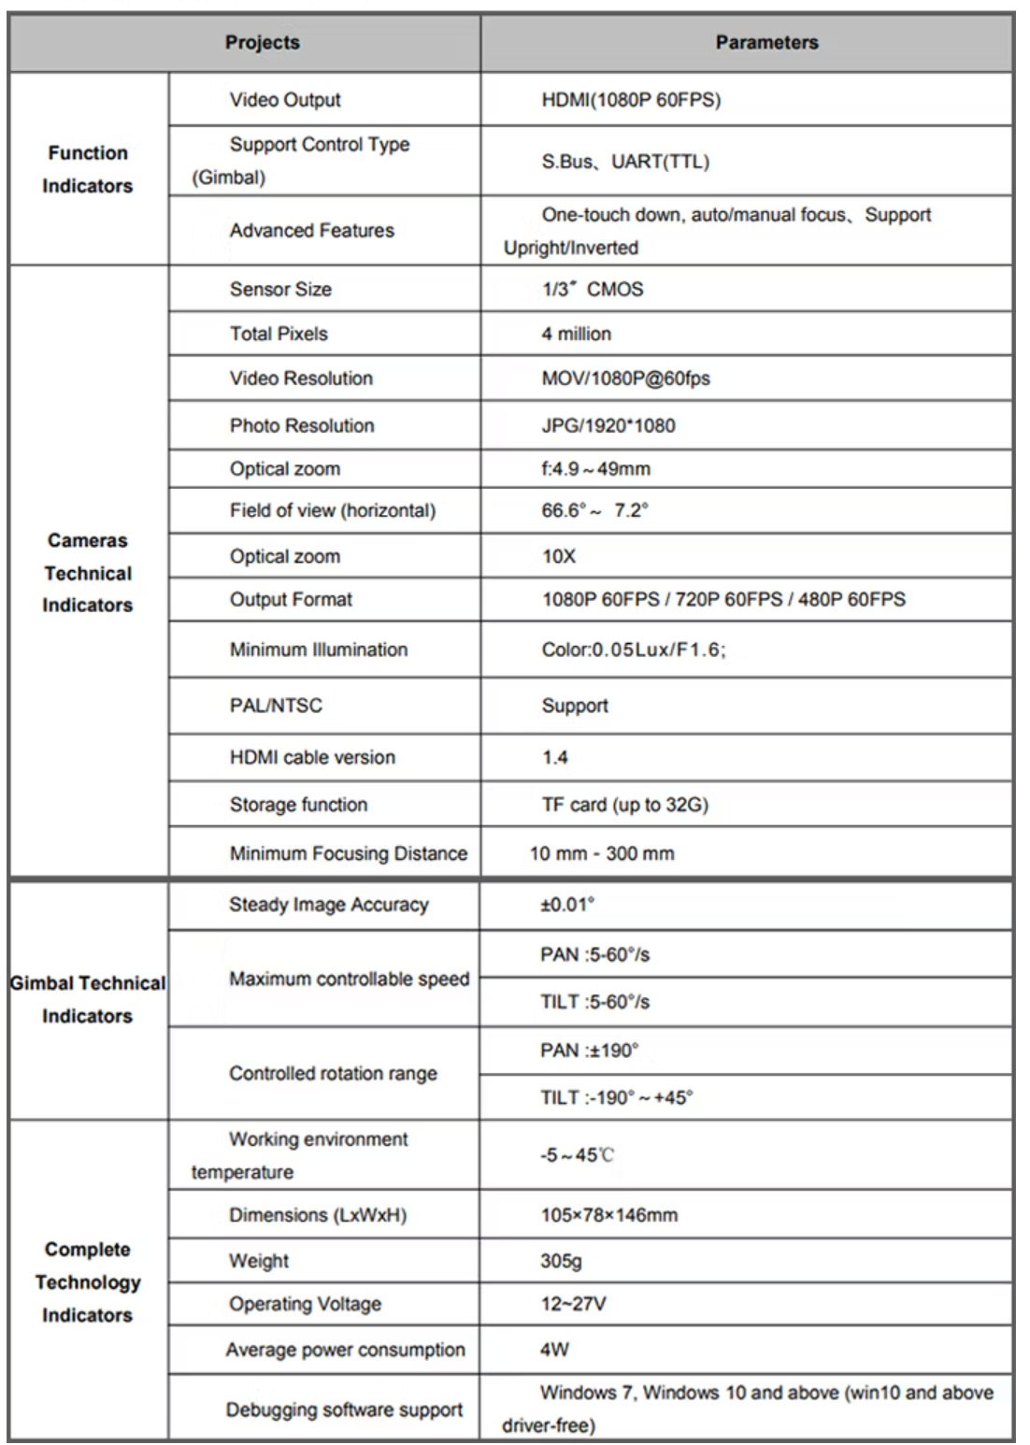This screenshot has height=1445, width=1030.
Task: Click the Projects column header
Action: point(263,43)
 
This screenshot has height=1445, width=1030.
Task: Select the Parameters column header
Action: point(766,43)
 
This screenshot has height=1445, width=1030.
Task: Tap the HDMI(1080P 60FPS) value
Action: point(631,100)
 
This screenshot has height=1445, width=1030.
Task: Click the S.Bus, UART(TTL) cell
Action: point(625,162)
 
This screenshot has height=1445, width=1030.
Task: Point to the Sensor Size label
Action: point(280,290)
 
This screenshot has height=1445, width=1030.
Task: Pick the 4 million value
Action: point(576,334)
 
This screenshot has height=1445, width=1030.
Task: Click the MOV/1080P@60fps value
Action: point(625,379)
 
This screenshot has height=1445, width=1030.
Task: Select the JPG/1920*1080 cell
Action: point(608,426)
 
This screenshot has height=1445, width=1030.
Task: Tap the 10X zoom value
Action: point(559,557)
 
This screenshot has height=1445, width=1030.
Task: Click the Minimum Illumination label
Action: point(319,650)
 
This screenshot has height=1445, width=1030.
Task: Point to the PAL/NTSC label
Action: point(276,706)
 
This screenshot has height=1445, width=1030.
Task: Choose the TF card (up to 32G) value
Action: point(624,805)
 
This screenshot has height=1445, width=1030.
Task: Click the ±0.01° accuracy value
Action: point(566,905)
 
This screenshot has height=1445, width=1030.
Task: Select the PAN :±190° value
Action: point(589,1051)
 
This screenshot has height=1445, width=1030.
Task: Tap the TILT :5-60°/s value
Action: point(594,1002)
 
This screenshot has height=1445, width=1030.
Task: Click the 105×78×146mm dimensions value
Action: point(608,1215)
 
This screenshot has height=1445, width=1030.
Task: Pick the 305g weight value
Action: point(561,1261)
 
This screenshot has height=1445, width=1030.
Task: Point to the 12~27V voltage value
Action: point(573,1304)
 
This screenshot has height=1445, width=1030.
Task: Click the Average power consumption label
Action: point(345,1350)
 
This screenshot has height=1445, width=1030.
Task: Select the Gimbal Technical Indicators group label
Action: point(88,999)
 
